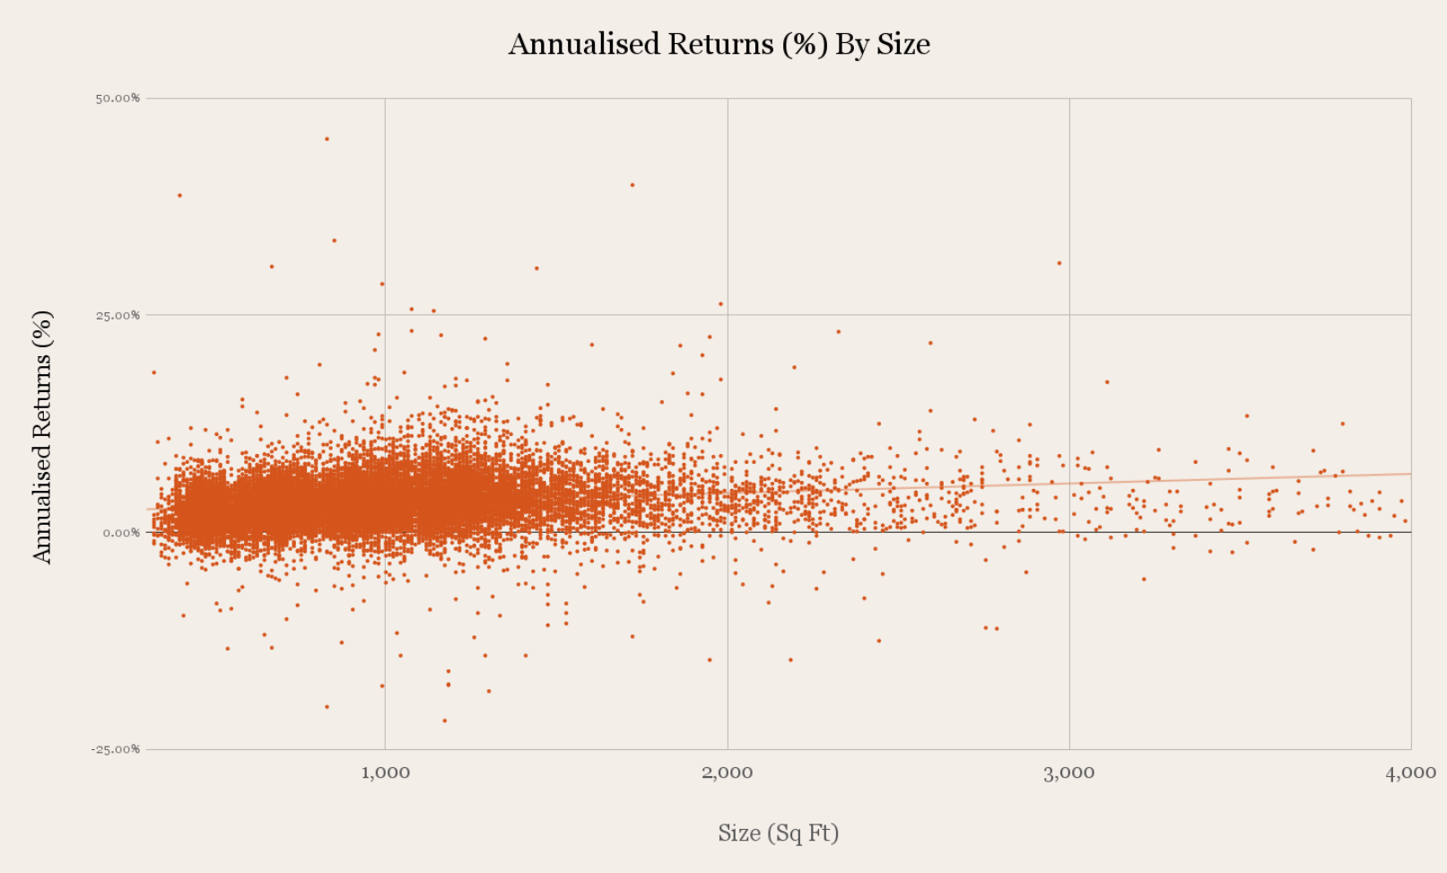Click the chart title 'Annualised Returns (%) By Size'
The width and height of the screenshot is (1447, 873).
click(719, 44)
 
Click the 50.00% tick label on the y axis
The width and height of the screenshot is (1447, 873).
click(118, 98)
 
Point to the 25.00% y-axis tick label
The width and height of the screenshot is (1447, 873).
click(118, 315)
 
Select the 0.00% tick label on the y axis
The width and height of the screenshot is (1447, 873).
click(121, 533)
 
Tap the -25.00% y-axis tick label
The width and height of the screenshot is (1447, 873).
click(115, 749)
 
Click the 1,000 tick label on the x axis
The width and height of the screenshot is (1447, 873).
click(385, 773)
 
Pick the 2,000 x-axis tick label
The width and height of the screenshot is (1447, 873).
click(727, 773)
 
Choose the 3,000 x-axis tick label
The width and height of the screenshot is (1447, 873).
click(1068, 773)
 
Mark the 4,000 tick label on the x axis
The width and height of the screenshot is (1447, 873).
click(1410, 773)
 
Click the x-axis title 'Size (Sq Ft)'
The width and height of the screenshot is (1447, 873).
click(778, 834)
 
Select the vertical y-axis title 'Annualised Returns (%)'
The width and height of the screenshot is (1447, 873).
click(42, 437)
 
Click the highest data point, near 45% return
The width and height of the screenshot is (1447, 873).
click(327, 139)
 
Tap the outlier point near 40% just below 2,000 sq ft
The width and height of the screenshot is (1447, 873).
click(632, 185)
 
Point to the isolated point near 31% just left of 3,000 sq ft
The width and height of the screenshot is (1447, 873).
click(1059, 263)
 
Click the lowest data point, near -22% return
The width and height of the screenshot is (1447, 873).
click(444, 720)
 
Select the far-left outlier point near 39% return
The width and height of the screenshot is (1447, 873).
click(179, 195)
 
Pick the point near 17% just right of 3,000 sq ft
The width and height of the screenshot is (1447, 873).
click(1107, 382)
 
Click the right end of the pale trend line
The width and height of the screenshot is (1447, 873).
click(1408, 474)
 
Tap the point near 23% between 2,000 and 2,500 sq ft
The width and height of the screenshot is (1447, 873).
click(839, 332)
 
